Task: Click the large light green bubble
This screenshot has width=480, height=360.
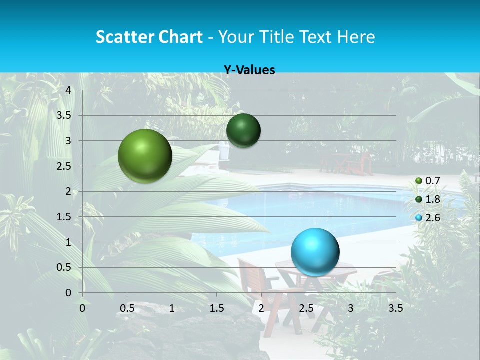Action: point(145,156)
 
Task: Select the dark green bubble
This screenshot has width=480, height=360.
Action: point(243,130)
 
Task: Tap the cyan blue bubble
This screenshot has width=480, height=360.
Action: point(315,252)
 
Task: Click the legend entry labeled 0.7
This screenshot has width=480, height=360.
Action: point(432,181)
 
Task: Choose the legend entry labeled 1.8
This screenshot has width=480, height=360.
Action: point(432,199)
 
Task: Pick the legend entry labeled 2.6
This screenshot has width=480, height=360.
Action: point(432,218)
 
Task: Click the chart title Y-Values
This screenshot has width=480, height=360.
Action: point(249,70)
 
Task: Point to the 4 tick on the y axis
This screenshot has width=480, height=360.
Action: point(69,90)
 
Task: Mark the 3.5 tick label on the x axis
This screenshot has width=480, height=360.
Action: point(395,308)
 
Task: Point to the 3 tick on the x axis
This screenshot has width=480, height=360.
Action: point(351,308)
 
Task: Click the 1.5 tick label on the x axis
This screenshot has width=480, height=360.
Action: point(217,308)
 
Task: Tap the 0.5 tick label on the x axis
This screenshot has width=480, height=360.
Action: point(127,308)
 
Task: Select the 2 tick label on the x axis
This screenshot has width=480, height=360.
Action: point(261,308)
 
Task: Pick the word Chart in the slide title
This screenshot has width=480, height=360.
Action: point(180,37)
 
